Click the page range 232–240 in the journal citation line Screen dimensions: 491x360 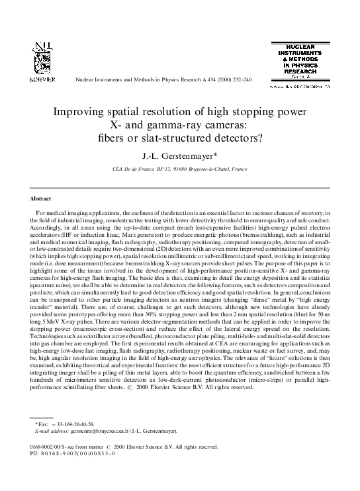point(237,79)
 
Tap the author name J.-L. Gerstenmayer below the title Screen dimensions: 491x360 point(181,156)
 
